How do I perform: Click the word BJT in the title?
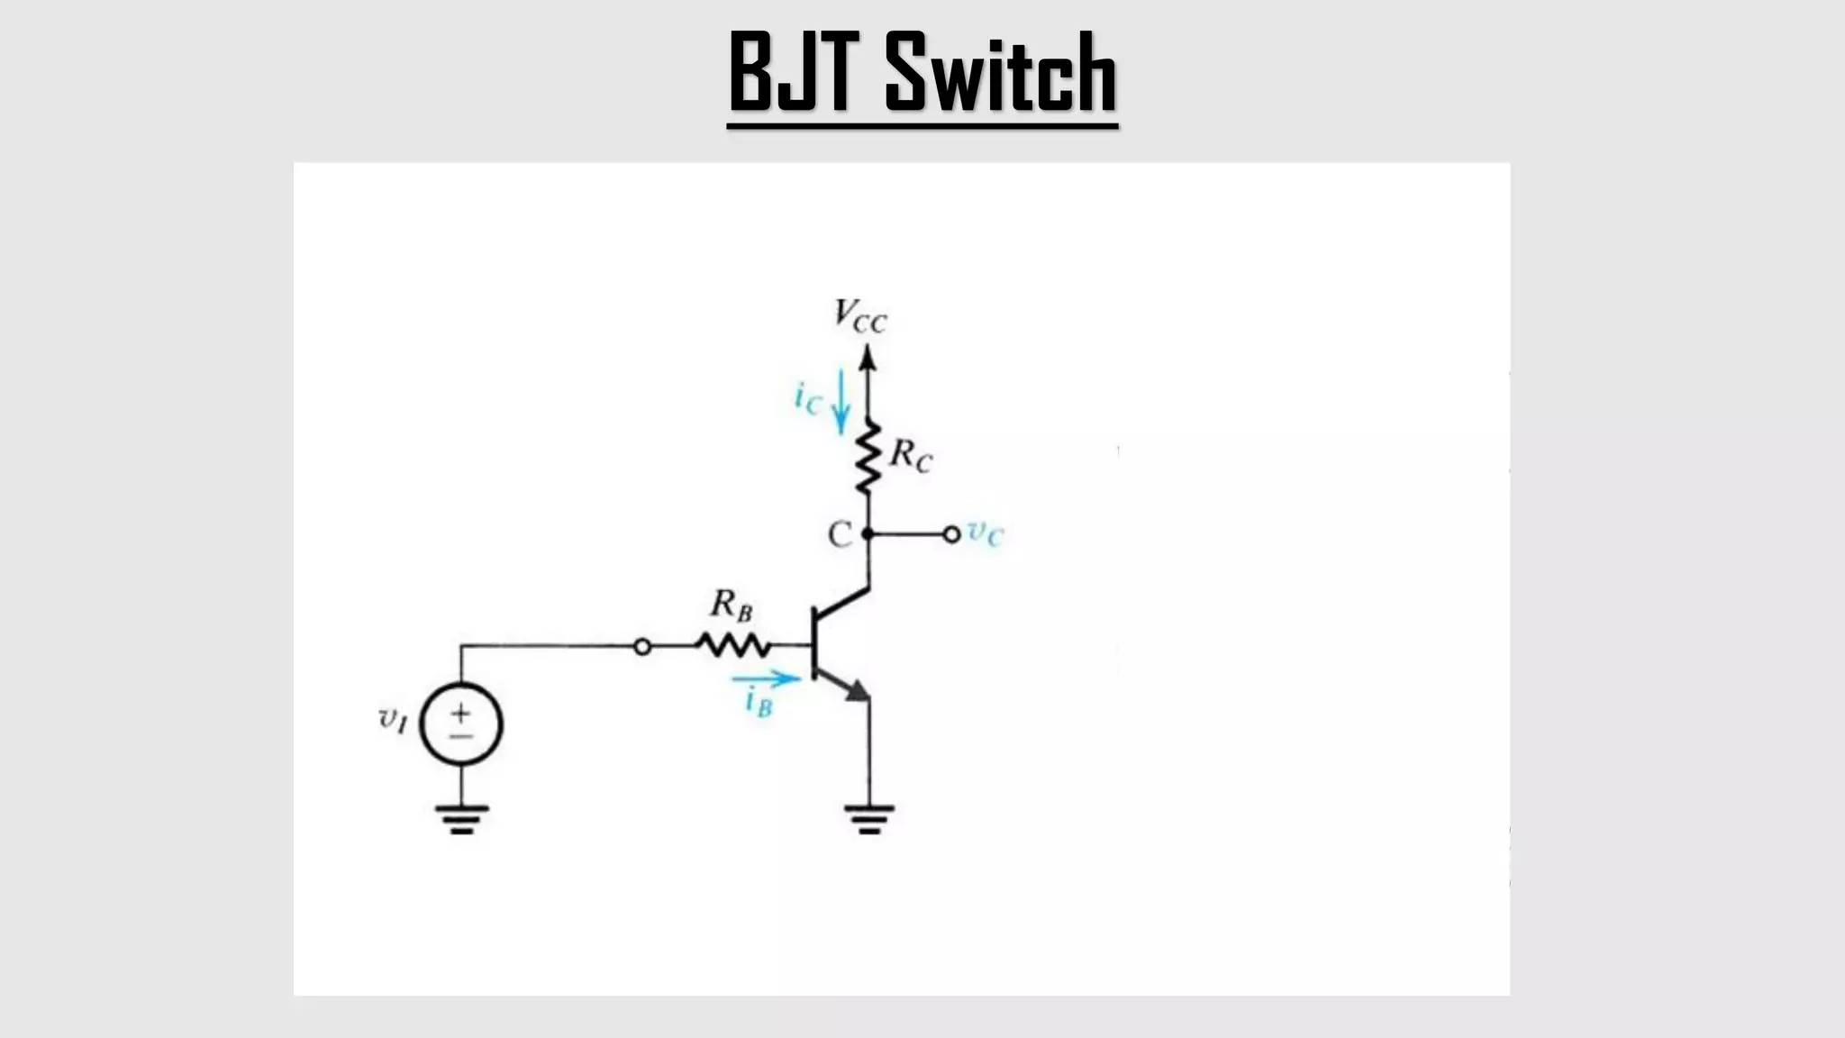click(x=790, y=71)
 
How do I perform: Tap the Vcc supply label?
click(x=859, y=316)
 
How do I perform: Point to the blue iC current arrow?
click(x=841, y=401)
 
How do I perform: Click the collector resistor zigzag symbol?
click(x=868, y=458)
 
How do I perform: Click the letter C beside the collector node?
click(x=839, y=534)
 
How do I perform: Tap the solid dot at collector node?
click(x=868, y=534)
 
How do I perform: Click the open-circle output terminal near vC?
click(x=951, y=534)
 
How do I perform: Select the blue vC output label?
click(x=985, y=533)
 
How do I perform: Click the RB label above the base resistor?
click(x=731, y=605)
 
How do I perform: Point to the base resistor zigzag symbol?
click(x=733, y=645)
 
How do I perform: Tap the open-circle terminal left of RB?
click(x=642, y=646)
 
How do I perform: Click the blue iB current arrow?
click(x=765, y=678)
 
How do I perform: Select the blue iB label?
click(x=759, y=702)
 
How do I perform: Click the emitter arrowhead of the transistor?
click(x=857, y=691)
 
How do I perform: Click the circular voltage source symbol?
click(x=461, y=724)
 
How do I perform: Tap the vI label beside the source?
click(x=394, y=719)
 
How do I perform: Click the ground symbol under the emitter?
click(x=869, y=818)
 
